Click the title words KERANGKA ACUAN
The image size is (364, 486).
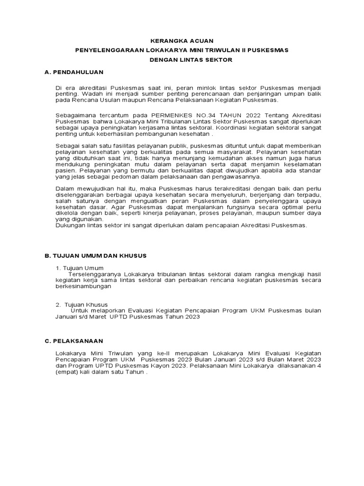pos(182,41)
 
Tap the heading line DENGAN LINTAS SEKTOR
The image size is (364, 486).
pos(182,60)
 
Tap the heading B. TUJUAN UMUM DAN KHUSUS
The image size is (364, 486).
pos(96,255)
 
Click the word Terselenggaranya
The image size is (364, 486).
pos(95,274)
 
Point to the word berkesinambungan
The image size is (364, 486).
pos(83,287)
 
